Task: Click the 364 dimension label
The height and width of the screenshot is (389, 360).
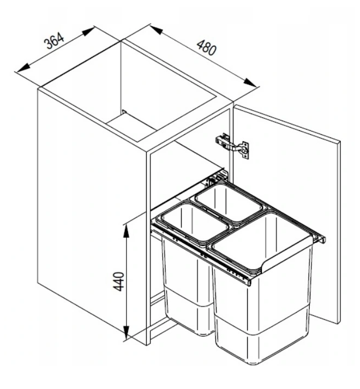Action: point(54,40)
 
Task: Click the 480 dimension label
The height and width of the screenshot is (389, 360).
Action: point(206,47)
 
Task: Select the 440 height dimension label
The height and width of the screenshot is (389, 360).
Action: point(118,282)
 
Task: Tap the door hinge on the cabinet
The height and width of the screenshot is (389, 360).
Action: point(232,146)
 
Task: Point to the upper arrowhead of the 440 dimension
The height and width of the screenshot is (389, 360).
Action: point(127,231)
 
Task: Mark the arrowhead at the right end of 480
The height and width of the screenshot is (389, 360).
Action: point(250,82)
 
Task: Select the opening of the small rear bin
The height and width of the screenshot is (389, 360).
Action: point(229,202)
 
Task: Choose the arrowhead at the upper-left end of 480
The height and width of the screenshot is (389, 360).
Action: point(157,30)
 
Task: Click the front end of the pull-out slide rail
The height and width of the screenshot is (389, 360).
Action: point(249,282)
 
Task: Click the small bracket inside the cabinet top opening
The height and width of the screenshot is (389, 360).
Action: point(124,112)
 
